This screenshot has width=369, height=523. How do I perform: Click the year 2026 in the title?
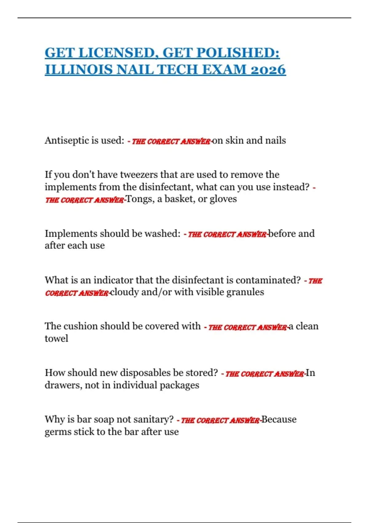(268, 70)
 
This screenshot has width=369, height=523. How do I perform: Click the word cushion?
(80, 326)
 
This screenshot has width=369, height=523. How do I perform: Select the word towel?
(56, 339)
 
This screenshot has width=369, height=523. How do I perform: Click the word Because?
(279, 420)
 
